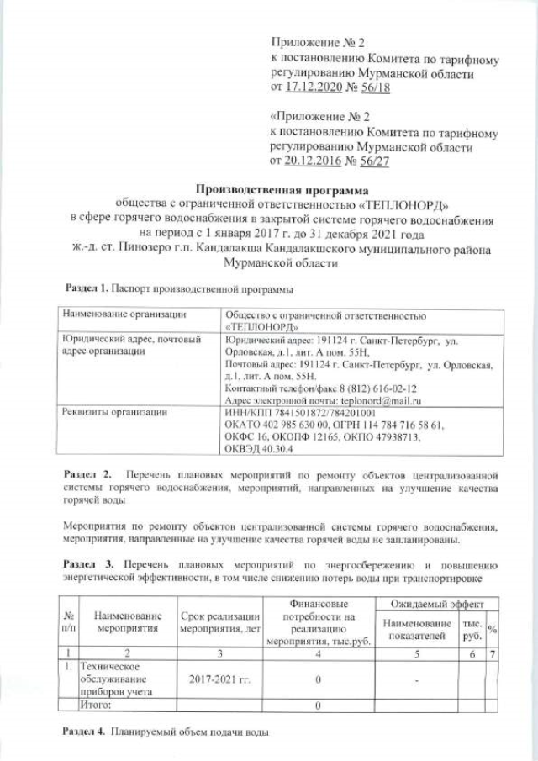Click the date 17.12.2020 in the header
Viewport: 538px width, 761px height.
click(314, 87)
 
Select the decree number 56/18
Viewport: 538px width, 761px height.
click(372, 87)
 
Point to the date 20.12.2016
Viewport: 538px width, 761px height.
click(314, 159)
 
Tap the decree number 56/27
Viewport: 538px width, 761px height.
click(372, 159)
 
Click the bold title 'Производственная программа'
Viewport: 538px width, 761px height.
click(268, 188)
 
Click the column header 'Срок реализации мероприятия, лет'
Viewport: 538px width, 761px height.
click(220, 621)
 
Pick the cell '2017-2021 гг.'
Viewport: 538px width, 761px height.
click(219, 678)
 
